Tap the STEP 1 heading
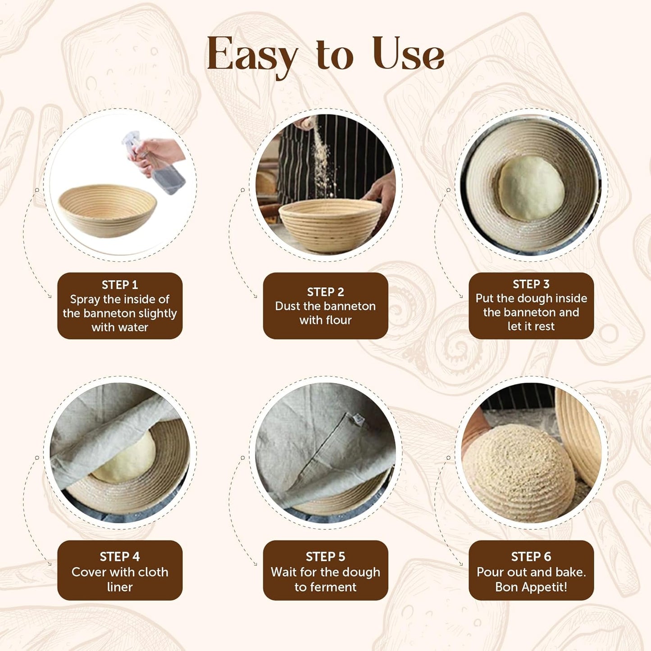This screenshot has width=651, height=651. tap(120, 285)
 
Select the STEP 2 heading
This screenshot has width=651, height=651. tap(325, 292)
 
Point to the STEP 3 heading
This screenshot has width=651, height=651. tap(531, 284)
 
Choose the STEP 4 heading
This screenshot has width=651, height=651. tap(120, 556)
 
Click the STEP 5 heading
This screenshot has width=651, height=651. tap(325, 556)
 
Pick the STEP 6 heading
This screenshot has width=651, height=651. tap(531, 556)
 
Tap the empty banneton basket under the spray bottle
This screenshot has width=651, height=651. tap(107, 209)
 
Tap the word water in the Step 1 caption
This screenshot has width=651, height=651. tap(133, 328)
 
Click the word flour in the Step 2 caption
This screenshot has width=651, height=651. tap(338, 320)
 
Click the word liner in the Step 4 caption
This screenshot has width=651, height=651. tap(120, 587)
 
